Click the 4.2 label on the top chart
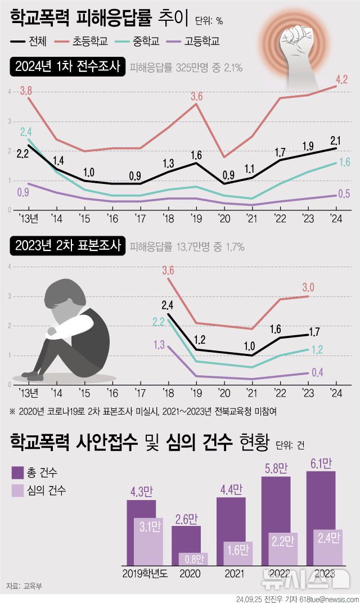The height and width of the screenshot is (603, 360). point(341,80)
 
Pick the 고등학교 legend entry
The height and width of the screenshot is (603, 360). point(202,40)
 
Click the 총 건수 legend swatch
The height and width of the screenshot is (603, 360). point(19,471)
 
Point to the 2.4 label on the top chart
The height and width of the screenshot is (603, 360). point(26,132)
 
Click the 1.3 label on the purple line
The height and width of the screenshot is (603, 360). point(159,345)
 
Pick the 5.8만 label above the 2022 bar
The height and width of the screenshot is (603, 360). point(276,468)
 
